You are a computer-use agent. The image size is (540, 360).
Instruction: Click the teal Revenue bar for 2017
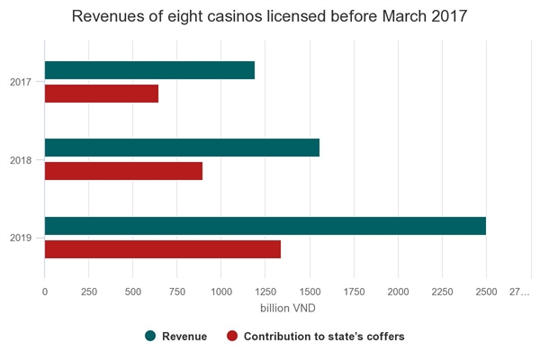tap(149, 70)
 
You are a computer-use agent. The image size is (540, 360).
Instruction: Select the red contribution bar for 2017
tap(102, 94)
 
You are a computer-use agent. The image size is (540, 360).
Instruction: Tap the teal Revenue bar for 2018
tap(182, 148)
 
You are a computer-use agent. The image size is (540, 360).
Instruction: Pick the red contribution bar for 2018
tap(123, 171)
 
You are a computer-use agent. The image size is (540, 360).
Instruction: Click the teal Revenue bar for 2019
tap(265, 226)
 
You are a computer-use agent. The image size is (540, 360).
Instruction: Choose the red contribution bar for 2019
tap(163, 249)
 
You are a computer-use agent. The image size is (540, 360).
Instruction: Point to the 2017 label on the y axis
tap(22, 83)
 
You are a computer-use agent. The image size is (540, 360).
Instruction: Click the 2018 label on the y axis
tap(22, 160)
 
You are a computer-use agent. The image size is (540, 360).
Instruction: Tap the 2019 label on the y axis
tap(22, 238)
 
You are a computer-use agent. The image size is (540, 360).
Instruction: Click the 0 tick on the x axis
tap(45, 292)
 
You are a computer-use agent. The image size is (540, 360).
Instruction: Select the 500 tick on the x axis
tap(133, 292)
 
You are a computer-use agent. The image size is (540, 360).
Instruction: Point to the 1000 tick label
tap(221, 292)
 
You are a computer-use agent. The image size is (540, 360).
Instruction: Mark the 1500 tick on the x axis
tap(310, 292)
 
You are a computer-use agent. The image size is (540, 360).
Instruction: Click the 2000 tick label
tap(398, 292)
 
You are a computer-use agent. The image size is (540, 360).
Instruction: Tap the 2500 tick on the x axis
tap(486, 292)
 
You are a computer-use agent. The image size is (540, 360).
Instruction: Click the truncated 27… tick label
tap(520, 292)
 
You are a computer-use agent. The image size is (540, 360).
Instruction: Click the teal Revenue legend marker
tap(150, 337)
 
